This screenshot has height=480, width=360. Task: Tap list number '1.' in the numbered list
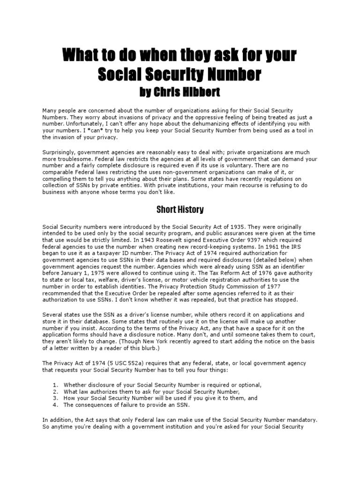coord(55,385)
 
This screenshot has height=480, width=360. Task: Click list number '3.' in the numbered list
coord(55,398)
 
